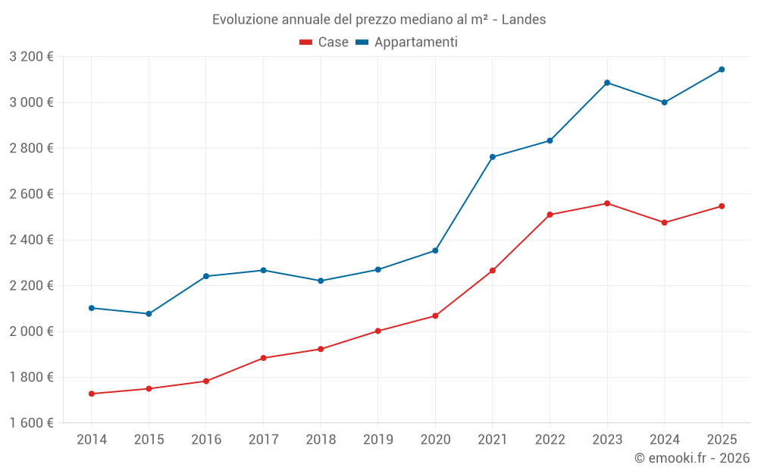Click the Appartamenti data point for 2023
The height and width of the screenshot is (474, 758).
tap(607, 83)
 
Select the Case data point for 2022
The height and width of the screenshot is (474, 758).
tap(550, 215)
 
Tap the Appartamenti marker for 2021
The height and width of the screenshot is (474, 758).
tap(493, 157)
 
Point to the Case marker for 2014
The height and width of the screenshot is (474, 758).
tap(92, 394)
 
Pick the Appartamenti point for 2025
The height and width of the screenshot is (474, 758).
tap(722, 70)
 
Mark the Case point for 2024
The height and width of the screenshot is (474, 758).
tap(665, 223)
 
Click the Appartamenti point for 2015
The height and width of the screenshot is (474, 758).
tap(149, 314)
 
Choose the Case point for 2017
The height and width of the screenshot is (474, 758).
tap(263, 358)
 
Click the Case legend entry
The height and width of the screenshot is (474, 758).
tap(324, 42)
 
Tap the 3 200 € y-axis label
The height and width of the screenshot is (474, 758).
tap(32, 57)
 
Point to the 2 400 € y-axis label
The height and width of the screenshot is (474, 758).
tap(32, 240)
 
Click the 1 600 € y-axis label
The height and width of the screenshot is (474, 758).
tap(32, 423)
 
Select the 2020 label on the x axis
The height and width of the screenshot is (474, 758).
tap(435, 440)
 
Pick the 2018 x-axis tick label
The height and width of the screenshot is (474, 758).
tap(321, 440)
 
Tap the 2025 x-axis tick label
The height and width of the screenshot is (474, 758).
tap(722, 440)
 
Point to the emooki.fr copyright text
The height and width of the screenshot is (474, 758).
tap(692, 458)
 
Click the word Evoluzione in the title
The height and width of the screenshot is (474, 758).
tap(244, 20)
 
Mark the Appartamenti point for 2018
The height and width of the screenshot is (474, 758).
tap(321, 281)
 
